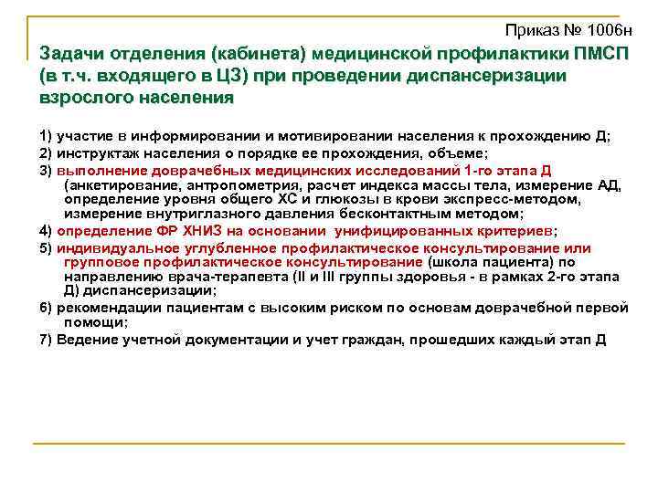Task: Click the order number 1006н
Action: pos(611,32)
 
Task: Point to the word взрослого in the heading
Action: pos(81,96)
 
